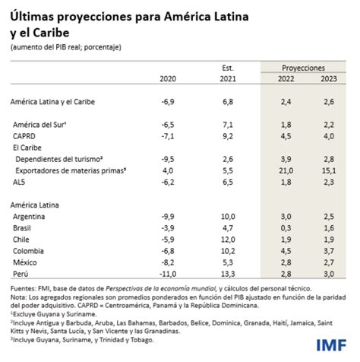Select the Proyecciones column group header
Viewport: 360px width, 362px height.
tap(302, 68)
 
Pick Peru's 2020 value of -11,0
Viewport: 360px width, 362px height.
tap(166, 271)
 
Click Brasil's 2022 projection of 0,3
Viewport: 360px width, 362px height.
tap(286, 227)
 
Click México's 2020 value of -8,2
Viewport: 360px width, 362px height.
tap(168, 261)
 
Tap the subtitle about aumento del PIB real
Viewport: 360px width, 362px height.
tap(66, 48)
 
